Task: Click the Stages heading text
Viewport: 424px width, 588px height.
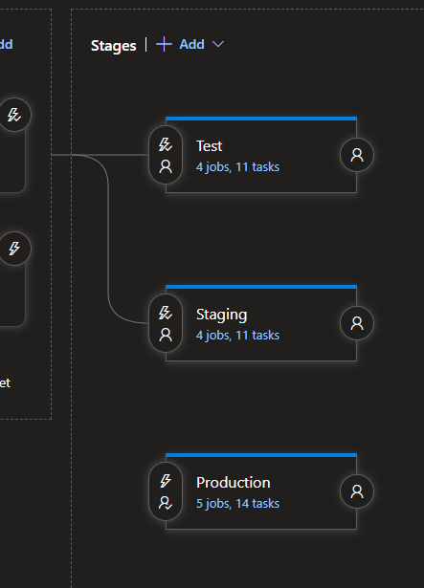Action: tap(113, 45)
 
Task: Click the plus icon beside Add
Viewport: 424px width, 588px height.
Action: tap(164, 44)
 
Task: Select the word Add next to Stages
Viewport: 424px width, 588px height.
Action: tap(191, 44)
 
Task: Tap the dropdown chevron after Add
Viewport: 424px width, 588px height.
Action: tap(217, 44)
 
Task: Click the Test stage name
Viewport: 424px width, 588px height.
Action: tap(209, 146)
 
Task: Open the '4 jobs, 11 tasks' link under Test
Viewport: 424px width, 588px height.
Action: tap(237, 166)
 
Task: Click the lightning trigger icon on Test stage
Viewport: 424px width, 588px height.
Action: tap(166, 144)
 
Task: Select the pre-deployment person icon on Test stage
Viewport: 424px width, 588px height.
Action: tap(166, 166)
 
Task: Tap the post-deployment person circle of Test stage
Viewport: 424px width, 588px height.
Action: tap(357, 155)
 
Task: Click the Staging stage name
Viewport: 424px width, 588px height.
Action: tap(221, 315)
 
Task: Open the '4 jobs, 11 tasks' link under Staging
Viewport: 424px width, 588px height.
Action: tap(237, 335)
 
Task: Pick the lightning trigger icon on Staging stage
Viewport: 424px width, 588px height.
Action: tap(166, 313)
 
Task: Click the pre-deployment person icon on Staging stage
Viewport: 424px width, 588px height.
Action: tap(166, 335)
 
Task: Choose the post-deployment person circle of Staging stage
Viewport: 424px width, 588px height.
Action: tap(357, 323)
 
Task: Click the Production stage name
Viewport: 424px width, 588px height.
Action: tap(233, 483)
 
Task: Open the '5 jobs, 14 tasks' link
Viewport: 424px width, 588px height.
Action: tap(237, 503)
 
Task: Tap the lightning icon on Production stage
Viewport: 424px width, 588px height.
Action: tap(166, 481)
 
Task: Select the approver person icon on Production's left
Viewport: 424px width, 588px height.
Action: tap(166, 503)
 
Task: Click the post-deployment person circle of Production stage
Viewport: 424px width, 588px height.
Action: tap(357, 491)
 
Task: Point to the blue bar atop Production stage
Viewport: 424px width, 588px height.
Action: tap(260, 455)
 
